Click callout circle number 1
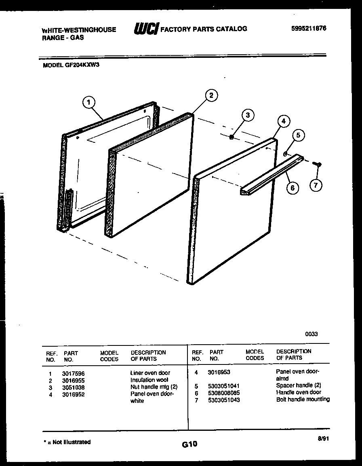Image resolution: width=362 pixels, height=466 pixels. pyautogui.click(x=89, y=102)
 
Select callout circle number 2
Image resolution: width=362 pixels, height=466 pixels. pyautogui.click(x=211, y=95)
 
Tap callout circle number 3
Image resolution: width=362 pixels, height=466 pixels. pyautogui.click(x=248, y=115)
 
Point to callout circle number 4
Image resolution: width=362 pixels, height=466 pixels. pyautogui.click(x=284, y=121)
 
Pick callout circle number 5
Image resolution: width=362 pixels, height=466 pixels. pyautogui.click(x=298, y=135)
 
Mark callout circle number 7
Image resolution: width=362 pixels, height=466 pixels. pyautogui.click(x=316, y=186)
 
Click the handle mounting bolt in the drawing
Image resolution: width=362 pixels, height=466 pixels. pyautogui.click(x=318, y=164)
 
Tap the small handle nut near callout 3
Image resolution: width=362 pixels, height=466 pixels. pyautogui.click(x=232, y=138)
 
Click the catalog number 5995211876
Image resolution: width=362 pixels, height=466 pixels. pyautogui.click(x=309, y=28)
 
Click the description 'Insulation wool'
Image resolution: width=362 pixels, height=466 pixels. pyautogui.click(x=149, y=380)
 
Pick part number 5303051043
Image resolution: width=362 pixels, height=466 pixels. pyautogui.click(x=224, y=400)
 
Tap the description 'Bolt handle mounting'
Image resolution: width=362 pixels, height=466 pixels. pyautogui.click(x=303, y=399)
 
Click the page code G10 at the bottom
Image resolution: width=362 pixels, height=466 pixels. pyautogui.click(x=189, y=445)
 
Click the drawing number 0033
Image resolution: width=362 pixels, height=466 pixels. pyautogui.click(x=311, y=334)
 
